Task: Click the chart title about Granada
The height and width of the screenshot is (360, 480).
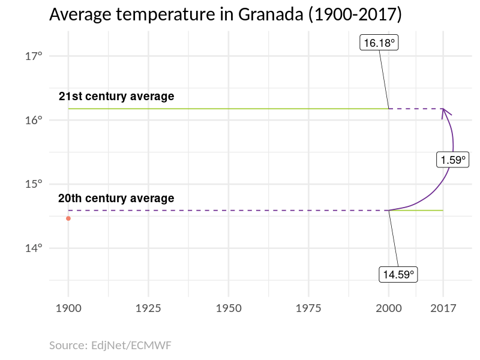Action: pyautogui.click(x=225, y=14)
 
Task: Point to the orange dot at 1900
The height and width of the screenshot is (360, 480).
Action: pyautogui.click(x=68, y=218)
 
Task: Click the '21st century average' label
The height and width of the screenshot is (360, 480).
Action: pyautogui.click(x=116, y=96)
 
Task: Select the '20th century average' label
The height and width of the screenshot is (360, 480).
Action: pyautogui.click(x=116, y=198)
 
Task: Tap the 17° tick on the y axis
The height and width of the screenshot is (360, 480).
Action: pyautogui.click(x=34, y=56)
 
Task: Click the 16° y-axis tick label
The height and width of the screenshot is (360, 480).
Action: pyautogui.click(x=34, y=120)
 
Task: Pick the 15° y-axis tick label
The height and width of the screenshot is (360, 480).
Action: pyautogui.click(x=34, y=184)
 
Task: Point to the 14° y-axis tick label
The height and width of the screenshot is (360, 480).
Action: pyautogui.click(x=34, y=248)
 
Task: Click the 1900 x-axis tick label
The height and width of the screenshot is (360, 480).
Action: pyautogui.click(x=68, y=308)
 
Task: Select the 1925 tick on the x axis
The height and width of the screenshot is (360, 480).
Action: pyautogui.click(x=148, y=308)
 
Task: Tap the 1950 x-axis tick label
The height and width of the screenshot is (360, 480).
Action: pyautogui.click(x=229, y=308)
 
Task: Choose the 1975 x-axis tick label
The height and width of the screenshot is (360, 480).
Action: pyautogui.click(x=308, y=308)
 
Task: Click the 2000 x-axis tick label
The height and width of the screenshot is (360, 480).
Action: pyautogui.click(x=389, y=308)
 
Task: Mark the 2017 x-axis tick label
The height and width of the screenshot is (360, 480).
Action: pyautogui.click(x=443, y=308)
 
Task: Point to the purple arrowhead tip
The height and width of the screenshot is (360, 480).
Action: pyautogui.click(x=443, y=109)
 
